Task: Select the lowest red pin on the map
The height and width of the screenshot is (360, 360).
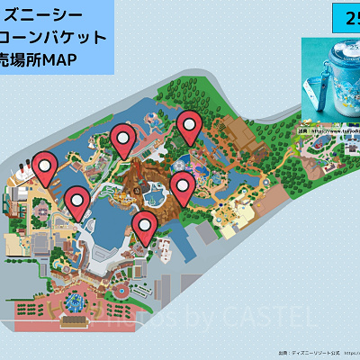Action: [x=144, y=226]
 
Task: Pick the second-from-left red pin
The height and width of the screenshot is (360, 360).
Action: [x=77, y=202]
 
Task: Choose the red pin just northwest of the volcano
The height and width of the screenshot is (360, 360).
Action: [x=124, y=140]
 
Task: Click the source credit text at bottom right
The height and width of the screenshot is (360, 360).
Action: [x=315, y=352]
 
